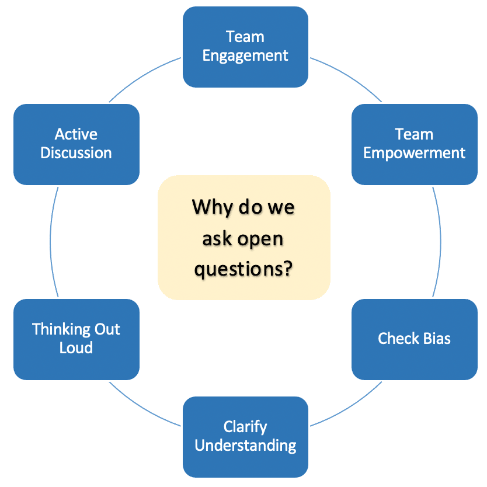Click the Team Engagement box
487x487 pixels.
pyautogui.click(x=245, y=47)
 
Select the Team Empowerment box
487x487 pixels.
pyautogui.click(x=415, y=144)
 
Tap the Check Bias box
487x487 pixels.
pyautogui.click(x=415, y=339)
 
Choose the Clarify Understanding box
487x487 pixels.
pyautogui.click(x=245, y=437)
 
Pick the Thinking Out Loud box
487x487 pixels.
pyautogui.click(x=76, y=339)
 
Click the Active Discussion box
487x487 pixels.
pyautogui.click(x=76, y=144)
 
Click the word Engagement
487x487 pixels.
pyautogui.click(x=245, y=57)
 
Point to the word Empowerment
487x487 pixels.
pyautogui.click(x=415, y=154)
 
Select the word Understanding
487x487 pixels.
pyautogui.click(x=245, y=446)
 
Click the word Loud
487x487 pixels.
pyautogui.click(x=76, y=347)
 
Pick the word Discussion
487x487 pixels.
pyautogui.click(x=76, y=153)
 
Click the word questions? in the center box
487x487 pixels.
pyautogui.click(x=243, y=269)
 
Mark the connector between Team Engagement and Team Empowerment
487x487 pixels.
pyautogui.click(x=349, y=76)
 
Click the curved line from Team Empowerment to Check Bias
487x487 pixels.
pyautogui.click(x=441, y=242)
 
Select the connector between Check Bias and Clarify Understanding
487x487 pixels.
pyautogui.click(x=349, y=407)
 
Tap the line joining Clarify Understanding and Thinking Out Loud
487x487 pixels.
pyautogui.click(x=142, y=407)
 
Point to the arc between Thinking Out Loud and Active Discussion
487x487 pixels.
pyautogui.click(x=50, y=242)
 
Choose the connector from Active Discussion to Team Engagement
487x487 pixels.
pyautogui.click(x=142, y=76)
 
